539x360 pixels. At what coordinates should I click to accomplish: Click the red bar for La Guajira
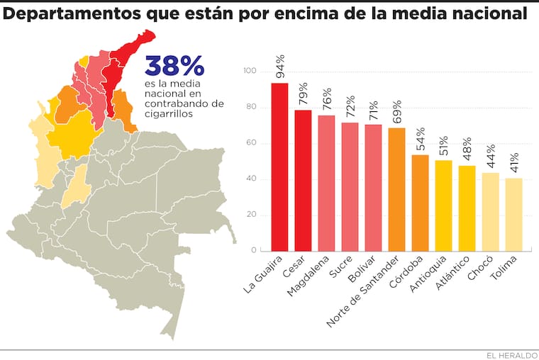279,167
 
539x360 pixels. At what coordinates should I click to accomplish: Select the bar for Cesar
303,181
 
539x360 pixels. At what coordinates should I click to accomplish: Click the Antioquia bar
443,206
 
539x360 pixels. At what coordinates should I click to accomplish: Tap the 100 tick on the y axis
249,72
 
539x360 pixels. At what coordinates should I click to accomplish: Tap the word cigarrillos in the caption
167,113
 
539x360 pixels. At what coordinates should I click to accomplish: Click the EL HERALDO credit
510,354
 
